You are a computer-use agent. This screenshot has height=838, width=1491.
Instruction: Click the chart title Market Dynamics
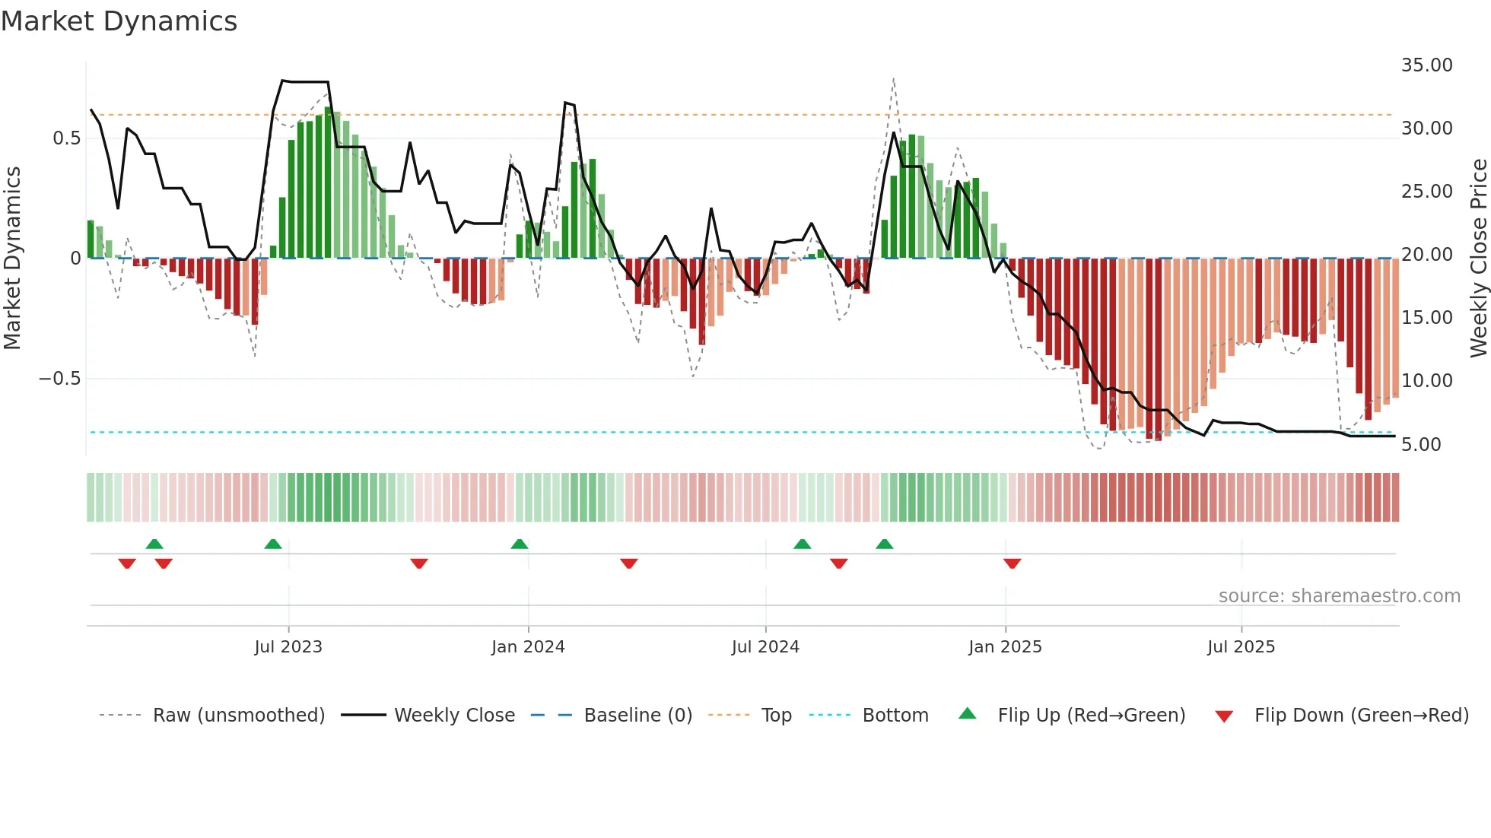click(x=119, y=21)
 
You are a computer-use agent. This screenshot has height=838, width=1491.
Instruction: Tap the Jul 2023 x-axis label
click(x=288, y=647)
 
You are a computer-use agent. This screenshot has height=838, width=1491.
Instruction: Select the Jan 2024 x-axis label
click(x=528, y=647)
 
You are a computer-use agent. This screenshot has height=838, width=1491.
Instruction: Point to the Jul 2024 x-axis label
click(x=765, y=647)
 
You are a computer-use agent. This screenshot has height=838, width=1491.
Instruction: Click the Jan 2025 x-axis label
click(x=1005, y=647)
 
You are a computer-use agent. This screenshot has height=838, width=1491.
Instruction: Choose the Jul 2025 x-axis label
click(x=1241, y=647)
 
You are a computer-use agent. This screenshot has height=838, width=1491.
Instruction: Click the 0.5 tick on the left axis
click(x=66, y=138)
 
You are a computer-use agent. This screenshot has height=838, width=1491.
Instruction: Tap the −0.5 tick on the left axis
click(x=60, y=379)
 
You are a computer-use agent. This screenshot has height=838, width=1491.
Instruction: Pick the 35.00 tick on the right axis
click(x=1426, y=65)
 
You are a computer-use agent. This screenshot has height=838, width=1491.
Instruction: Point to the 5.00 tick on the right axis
click(x=1421, y=445)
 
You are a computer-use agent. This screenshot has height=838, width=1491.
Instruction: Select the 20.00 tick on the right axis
click(x=1426, y=255)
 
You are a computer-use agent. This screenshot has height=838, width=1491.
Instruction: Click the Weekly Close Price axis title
click(x=1478, y=259)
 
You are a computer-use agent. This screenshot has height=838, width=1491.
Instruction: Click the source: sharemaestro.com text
click(x=1339, y=596)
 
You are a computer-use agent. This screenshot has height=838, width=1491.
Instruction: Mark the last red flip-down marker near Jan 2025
click(x=1012, y=563)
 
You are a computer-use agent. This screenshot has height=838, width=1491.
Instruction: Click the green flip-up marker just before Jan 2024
click(x=520, y=544)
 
